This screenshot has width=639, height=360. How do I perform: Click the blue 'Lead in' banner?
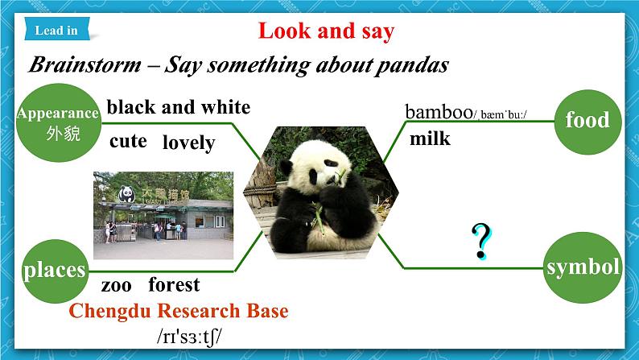(57, 28)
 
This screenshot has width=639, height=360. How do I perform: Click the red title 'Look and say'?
(327, 31)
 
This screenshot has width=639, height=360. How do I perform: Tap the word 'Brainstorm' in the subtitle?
(85, 64)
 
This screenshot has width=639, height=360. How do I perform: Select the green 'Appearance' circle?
(59, 122)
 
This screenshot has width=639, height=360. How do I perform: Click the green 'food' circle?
(587, 122)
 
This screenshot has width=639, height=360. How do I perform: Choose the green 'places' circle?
(55, 271)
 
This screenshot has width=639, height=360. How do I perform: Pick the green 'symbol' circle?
(583, 267)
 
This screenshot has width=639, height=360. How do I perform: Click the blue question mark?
(482, 242)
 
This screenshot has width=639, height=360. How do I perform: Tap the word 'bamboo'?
(439, 112)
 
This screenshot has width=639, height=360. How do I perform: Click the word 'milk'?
(430, 139)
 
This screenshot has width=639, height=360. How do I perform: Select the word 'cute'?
(129, 142)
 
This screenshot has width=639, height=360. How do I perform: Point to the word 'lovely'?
(188, 143)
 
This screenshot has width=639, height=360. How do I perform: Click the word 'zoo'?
(117, 285)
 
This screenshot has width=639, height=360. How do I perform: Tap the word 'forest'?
(174, 284)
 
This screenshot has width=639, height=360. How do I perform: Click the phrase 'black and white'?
(179, 107)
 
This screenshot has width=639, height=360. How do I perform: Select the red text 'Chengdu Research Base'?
(179, 311)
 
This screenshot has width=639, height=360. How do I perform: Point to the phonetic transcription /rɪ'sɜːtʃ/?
(189, 337)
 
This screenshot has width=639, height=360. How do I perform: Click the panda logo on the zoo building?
(126, 194)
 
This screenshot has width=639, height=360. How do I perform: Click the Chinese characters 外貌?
(63, 134)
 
